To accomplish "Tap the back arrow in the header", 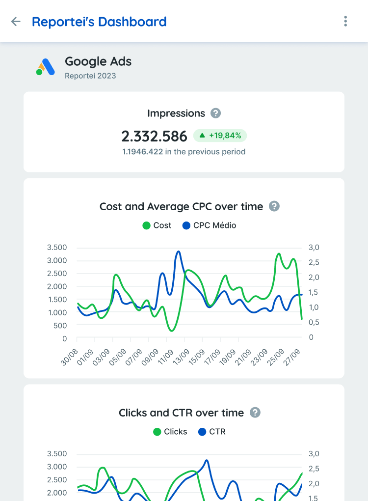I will [x=16, y=22].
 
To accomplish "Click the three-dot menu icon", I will [x=345, y=21].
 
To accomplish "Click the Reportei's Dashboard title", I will [x=99, y=22].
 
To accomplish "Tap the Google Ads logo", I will [x=46, y=67].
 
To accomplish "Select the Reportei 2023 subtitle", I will [x=90, y=76].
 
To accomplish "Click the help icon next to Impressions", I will [x=215, y=113].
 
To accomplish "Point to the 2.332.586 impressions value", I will [x=154, y=136].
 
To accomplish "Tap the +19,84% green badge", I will [x=220, y=136].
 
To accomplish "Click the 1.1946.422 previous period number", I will [x=142, y=152].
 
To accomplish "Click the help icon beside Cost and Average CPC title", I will [x=274, y=206].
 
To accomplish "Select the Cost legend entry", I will [x=157, y=225].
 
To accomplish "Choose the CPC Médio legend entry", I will [x=209, y=225].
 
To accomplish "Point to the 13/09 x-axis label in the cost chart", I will [x=181, y=357].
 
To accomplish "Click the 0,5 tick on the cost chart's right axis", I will [x=315, y=322].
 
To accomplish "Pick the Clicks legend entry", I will [x=170, y=432].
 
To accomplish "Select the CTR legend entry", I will [x=211, y=432].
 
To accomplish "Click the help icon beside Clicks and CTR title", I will [x=255, y=413].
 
